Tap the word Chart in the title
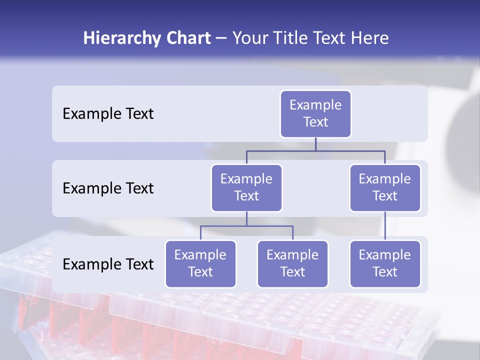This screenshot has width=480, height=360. pos(187,38)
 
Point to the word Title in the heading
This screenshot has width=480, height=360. pos(289,38)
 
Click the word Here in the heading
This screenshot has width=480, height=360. pos(370,38)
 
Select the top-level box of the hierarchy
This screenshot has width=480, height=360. pos(315,114)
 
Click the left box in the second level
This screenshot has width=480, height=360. pos(246,188)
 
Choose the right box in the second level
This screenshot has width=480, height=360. pos(385,188)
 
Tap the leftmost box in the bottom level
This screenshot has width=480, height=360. pos(200,264)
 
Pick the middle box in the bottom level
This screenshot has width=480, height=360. pos(292,264)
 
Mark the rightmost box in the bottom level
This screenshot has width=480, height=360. pos(385,264)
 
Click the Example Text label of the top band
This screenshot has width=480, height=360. pos(108,114)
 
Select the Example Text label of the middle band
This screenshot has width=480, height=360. pos(108,188)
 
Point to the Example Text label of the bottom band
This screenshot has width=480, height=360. pos(108,264)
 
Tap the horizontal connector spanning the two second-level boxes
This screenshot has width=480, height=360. pos(285,150)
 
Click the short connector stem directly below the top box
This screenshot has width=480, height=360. pos(315,144)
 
